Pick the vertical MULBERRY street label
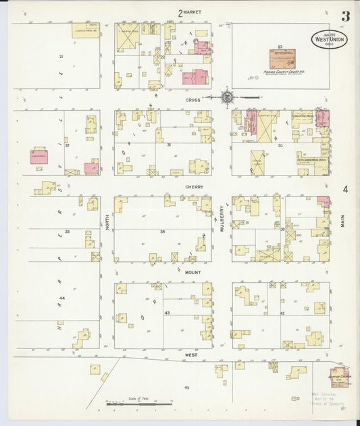pos(221,220)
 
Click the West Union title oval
pos(330,38)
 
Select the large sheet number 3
pos(345,16)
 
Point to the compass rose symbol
pos(228,97)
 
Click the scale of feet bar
pos(138,404)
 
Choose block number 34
pos(162,232)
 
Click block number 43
pos(168,313)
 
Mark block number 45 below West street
pos(186,388)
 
